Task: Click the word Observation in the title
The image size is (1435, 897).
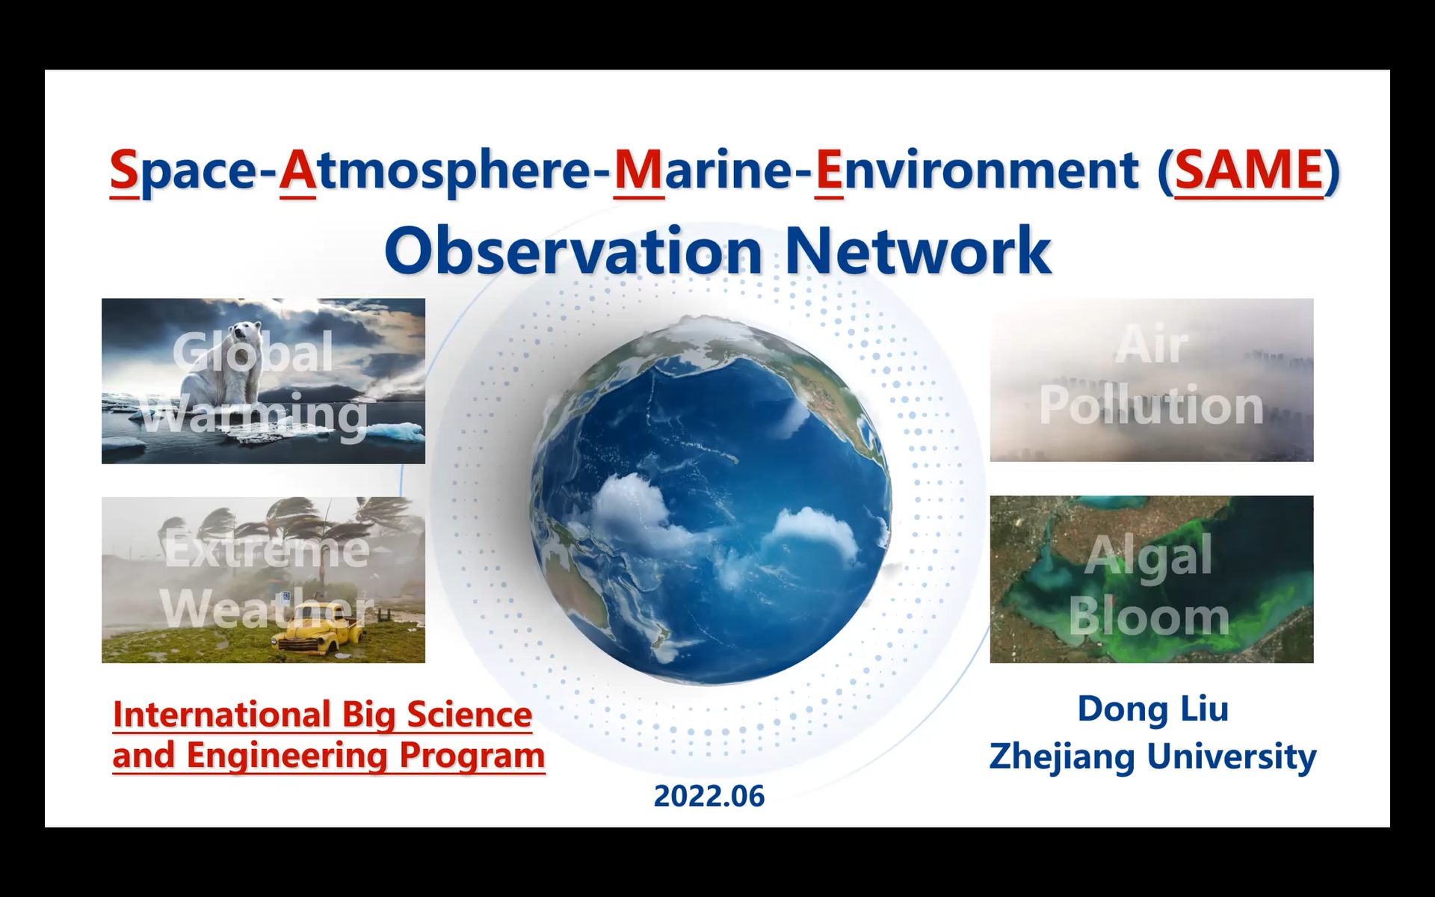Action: tap(573, 251)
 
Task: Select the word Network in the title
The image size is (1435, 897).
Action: tap(918, 251)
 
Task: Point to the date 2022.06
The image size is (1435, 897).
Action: tap(709, 797)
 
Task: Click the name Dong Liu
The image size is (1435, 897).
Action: tap(1152, 709)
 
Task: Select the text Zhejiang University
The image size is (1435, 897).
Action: tap(1152, 756)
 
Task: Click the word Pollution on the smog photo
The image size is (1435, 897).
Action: tap(1151, 406)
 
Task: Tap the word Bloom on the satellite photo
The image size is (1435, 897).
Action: tap(1149, 617)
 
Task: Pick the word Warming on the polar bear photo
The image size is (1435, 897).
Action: tap(255, 415)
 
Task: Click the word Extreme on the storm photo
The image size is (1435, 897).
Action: tap(267, 549)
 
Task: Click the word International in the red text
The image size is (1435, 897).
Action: tap(222, 714)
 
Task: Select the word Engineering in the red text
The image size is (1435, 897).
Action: tap(287, 756)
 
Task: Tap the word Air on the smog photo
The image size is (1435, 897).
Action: tap(1151, 345)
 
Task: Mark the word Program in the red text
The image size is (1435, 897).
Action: tap(472, 756)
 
